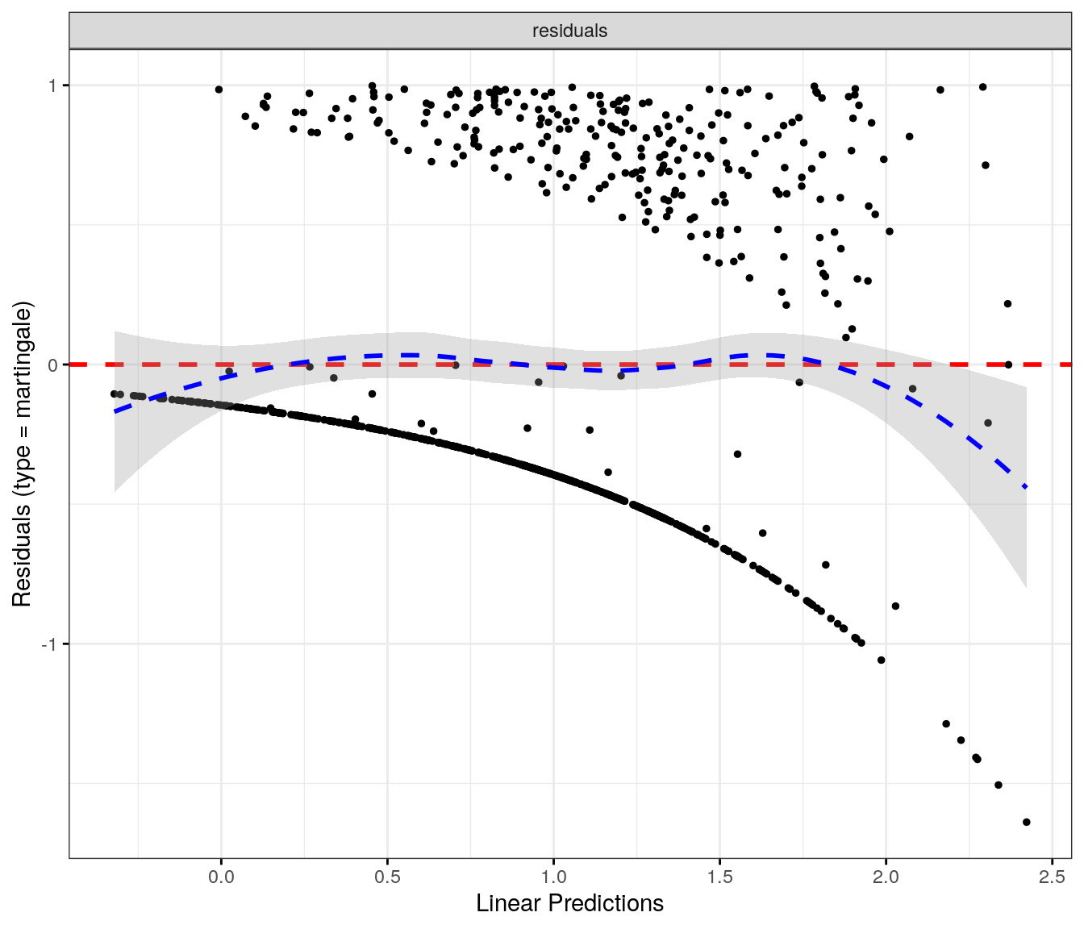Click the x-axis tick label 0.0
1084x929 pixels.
pyautogui.click(x=221, y=877)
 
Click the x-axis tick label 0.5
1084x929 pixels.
pyautogui.click(x=387, y=877)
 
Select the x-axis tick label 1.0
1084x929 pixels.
pyautogui.click(x=553, y=877)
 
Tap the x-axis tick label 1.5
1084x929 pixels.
pyautogui.click(x=719, y=877)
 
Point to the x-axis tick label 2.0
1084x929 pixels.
pyautogui.click(x=886, y=877)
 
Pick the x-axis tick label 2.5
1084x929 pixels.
pyautogui.click(x=1052, y=877)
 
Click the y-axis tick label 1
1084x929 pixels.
pyautogui.click(x=53, y=85)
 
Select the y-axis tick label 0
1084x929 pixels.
pyautogui.click(x=53, y=365)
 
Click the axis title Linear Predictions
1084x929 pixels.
pyautogui.click(x=569, y=903)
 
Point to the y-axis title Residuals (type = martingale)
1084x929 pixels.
pyautogui.click(x=22, y=454)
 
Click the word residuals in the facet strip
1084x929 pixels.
pyautogui.click(x=569, y=31)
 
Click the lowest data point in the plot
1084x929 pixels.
pyautogui.click(x=1026, y=822)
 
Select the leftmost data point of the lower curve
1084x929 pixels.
pyautogui.click(x=115, y=394)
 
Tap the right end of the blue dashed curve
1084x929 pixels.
pyautogui.click(x=1026, y=488)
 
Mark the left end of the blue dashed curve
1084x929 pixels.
pyautogui.click(x=115, y=412)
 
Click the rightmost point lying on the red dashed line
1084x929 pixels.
pyautogui.click(x=1008, y=365)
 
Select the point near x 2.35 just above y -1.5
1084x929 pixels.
pyautogui.click(x=998, y=785)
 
